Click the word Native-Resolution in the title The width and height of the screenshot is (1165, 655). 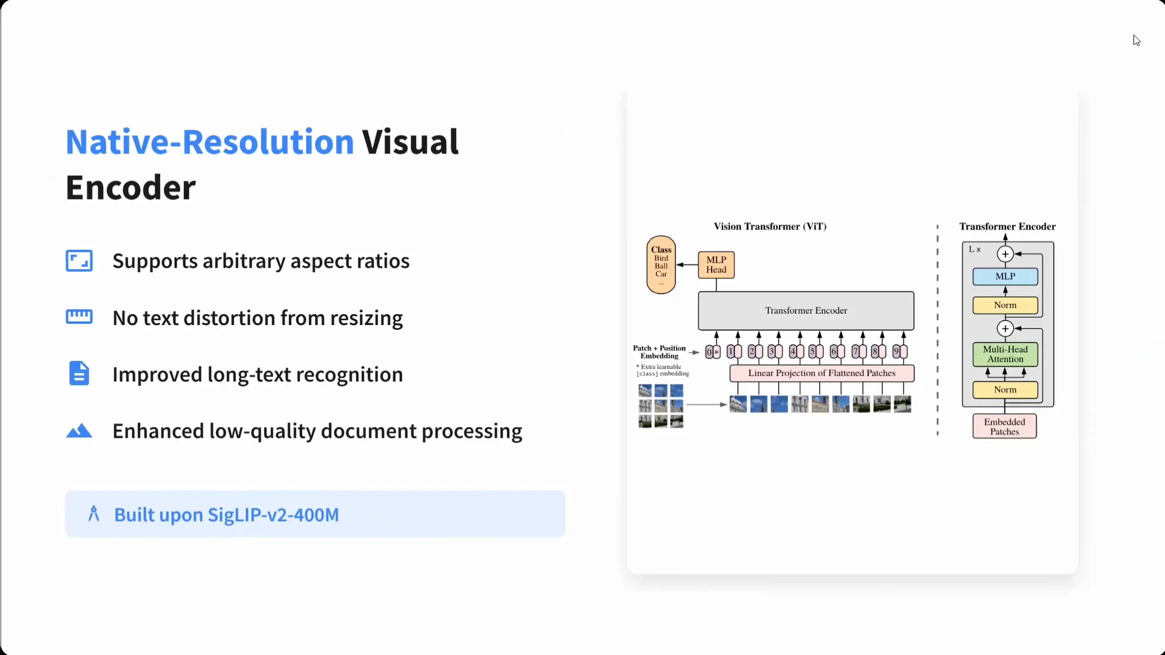pyautogui.click(x=209, y=142)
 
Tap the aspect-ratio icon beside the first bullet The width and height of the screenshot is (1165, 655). pyautogui.click(x=79, y=261)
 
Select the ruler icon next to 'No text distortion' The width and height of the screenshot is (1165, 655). pyautogui.click(x=79, y=317)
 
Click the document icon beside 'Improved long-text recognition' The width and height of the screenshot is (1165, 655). pyautogui.click(x=79, y=374)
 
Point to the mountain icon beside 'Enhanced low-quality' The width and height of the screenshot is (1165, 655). pyautogui.click(x=79, y=431)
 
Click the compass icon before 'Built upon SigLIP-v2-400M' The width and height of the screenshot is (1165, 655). pyautogui.click(x=93, y=514)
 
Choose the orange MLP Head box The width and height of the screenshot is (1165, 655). pyautogui.click(x=716, y=265)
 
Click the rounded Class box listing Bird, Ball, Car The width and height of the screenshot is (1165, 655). pyautogui.click(x=661, y=265)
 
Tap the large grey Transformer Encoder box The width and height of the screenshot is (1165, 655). pyautogui.click(x=806, y=311)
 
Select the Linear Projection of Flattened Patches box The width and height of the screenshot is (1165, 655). pyautogui.click(x=822, y=373)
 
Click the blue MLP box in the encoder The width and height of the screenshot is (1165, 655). pyautogui.click(x=1005, y=277)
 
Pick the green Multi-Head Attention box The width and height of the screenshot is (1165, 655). pyautogui.click(x=1005, y=354)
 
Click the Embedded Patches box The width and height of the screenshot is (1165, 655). pyautogui.click(x=1005, y=426)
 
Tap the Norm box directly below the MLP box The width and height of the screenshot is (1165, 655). pyautogui.click(x=1005, y=305)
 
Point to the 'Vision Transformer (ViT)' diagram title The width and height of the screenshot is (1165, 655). pyautogui.click(x=770, y=226)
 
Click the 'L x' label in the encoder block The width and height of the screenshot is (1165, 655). pyautogui.click(x=974, y=249)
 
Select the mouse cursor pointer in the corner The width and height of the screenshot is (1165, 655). pyautogui.click(x=1136, y=41)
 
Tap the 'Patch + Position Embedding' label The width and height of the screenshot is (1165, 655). pyautogui.click(x=660, y=352)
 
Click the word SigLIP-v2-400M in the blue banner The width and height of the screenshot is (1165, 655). pyautogui.click(x=273, y=514)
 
